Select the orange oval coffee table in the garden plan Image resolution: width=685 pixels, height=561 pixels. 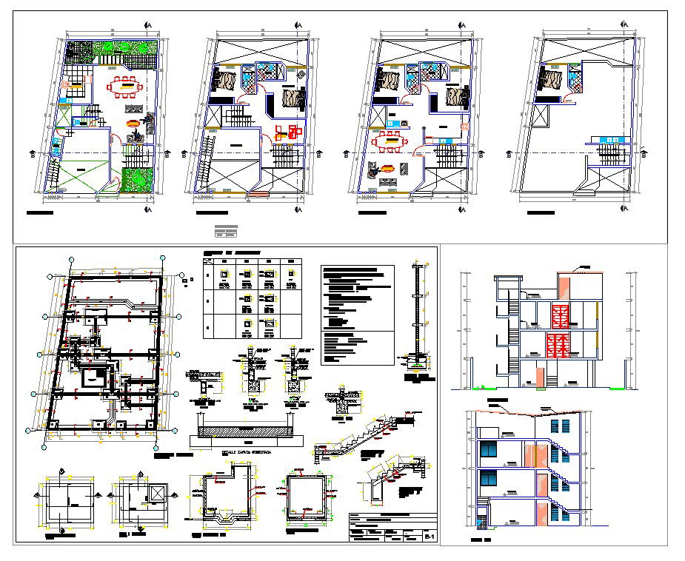click(133, 124)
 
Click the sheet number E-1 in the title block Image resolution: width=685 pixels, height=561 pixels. click(428, 534)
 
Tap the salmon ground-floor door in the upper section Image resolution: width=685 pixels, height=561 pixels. click(541, 375)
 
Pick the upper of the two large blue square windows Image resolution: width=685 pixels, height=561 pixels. click(489, 449)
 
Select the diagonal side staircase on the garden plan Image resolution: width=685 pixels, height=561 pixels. click(53, 172)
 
